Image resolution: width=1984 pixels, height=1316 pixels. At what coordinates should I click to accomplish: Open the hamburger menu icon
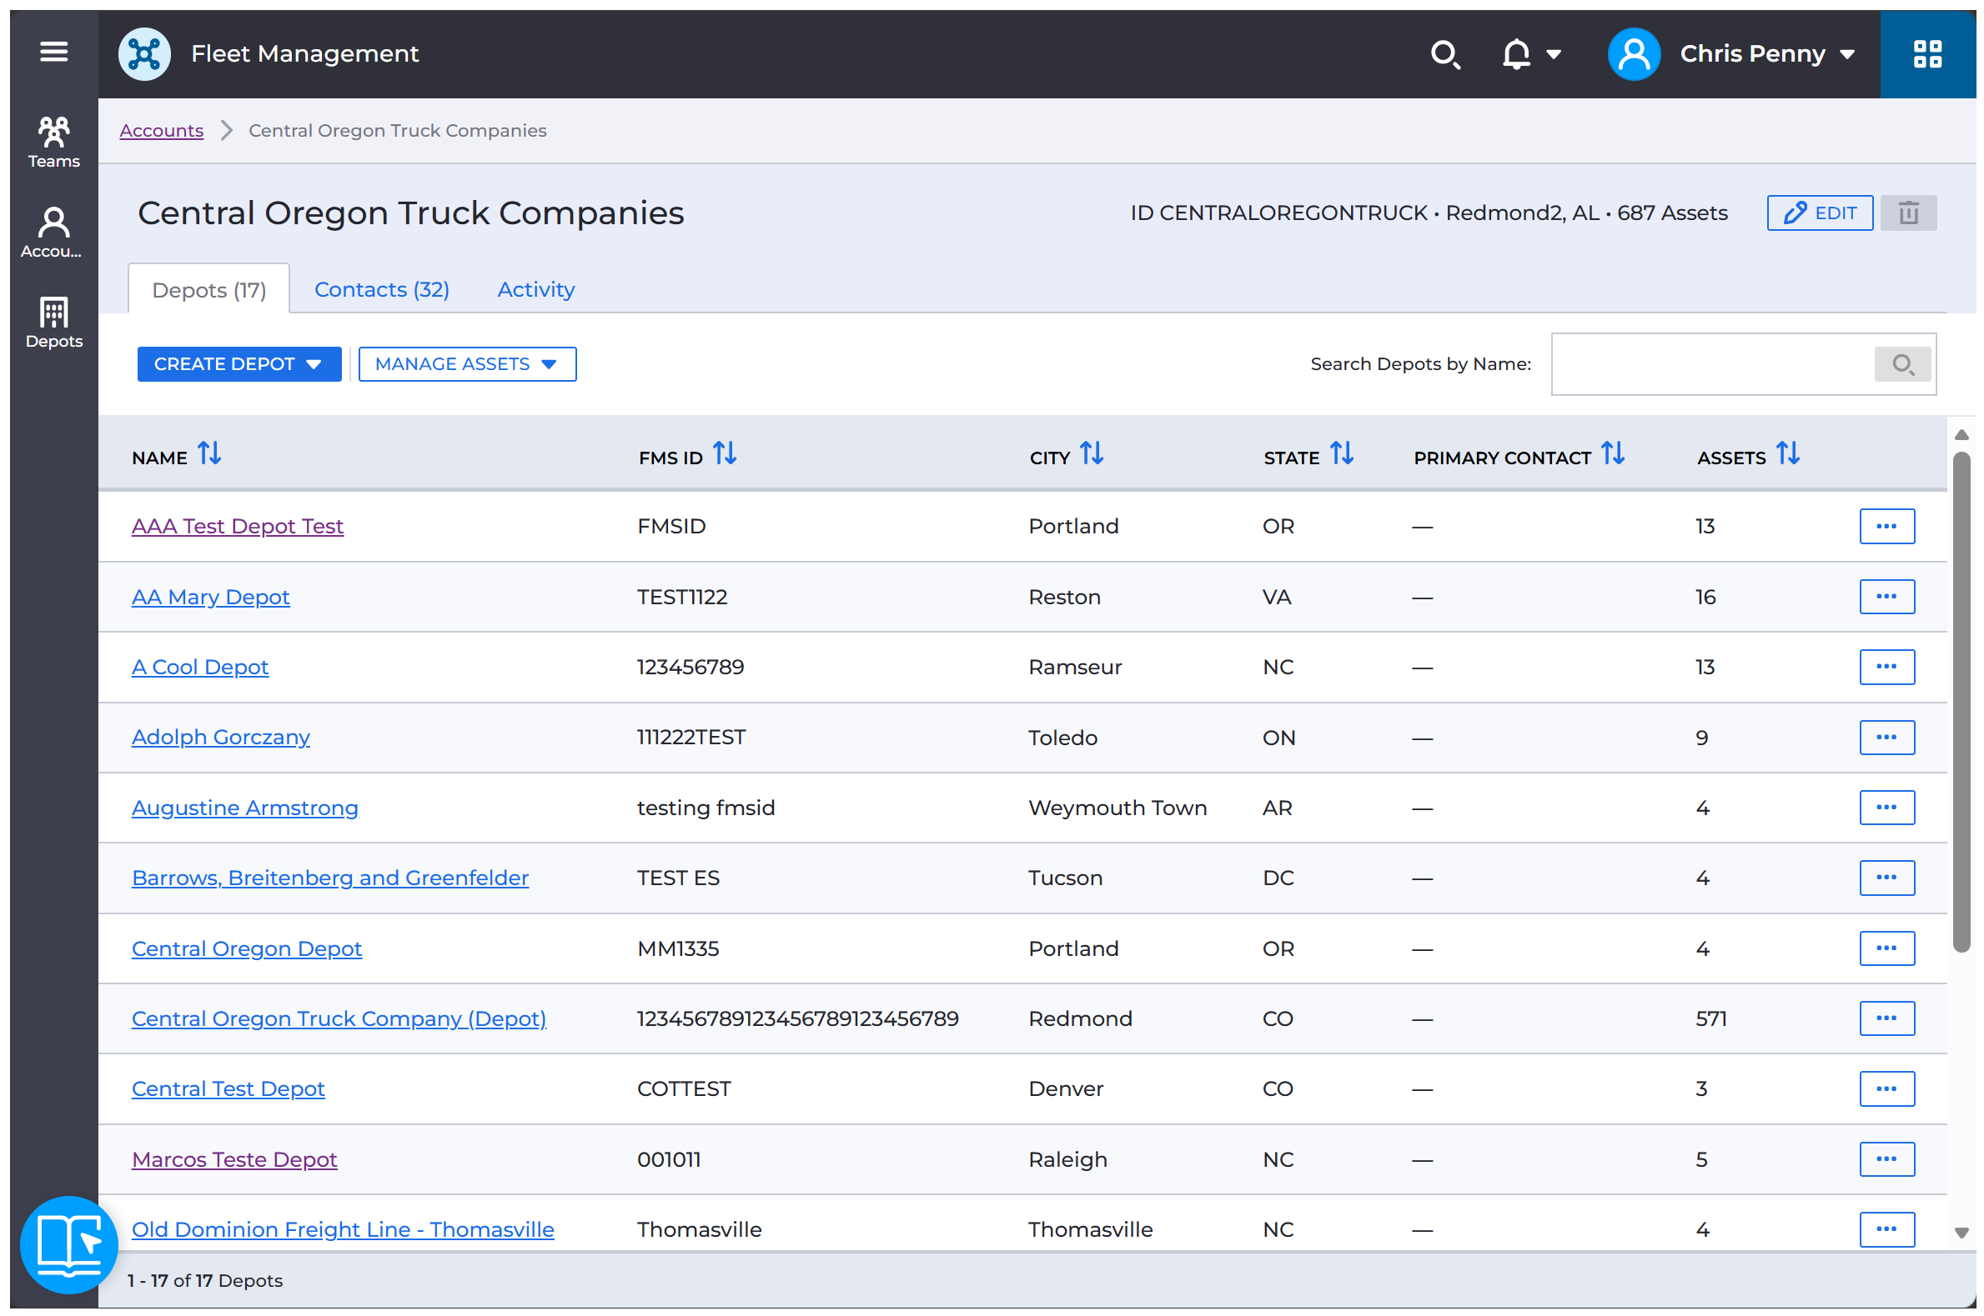(53, 52)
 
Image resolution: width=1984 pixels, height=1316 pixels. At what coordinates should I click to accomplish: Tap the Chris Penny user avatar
(1632, 53)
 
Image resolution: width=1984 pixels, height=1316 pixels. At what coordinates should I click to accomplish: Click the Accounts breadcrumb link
(161, 130)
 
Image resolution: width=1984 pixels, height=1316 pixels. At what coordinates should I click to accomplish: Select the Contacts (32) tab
(381, 289)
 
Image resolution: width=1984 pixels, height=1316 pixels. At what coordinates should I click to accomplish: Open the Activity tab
(535, 289)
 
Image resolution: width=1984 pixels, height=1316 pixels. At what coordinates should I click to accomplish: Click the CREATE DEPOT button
(239, 363)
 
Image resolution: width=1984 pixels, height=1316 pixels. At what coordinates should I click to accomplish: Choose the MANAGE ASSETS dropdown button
(467, 363)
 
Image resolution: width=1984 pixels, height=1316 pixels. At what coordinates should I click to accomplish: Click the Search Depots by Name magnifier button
(1901, 364)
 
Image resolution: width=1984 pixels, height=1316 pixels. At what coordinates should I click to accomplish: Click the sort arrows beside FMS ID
(725, 454)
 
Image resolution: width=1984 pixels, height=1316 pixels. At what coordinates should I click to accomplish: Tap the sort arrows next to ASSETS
(1787, 454)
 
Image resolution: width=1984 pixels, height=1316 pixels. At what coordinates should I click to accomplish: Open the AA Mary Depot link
(211, 597)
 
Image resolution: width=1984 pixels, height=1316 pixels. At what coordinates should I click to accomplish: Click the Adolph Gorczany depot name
(221, 737)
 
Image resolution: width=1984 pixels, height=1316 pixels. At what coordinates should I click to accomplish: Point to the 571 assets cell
(1710, 1018)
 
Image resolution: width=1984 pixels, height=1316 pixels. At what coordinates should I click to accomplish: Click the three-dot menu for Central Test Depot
(1886, 1088)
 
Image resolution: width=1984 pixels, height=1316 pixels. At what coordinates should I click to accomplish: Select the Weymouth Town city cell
(1118, 808)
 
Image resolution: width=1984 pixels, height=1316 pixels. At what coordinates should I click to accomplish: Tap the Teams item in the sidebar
(53, 142)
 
